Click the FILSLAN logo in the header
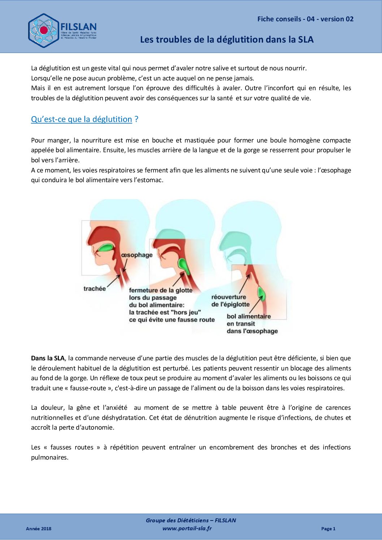(x=62, y=31)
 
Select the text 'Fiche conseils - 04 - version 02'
(x=305, y=19)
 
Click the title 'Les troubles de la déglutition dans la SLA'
(x=227, y=40)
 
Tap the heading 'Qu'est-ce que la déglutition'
(x=82, y=119)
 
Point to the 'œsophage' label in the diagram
(x=137, y=255)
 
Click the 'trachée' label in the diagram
(x=95, y=289)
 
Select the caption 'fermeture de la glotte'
(x=161, y=290)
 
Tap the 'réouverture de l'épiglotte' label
(x=230, y=300)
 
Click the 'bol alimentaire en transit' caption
(x=249, y=320)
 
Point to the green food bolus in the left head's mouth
(x=106, y=248)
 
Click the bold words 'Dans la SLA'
(x=48, y=358)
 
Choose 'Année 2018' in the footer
(x=39, y=528)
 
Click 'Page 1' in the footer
(x=328, y=528)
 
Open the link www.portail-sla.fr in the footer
(x=187, y=528)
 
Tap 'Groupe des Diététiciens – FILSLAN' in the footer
(x=191, y=520)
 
